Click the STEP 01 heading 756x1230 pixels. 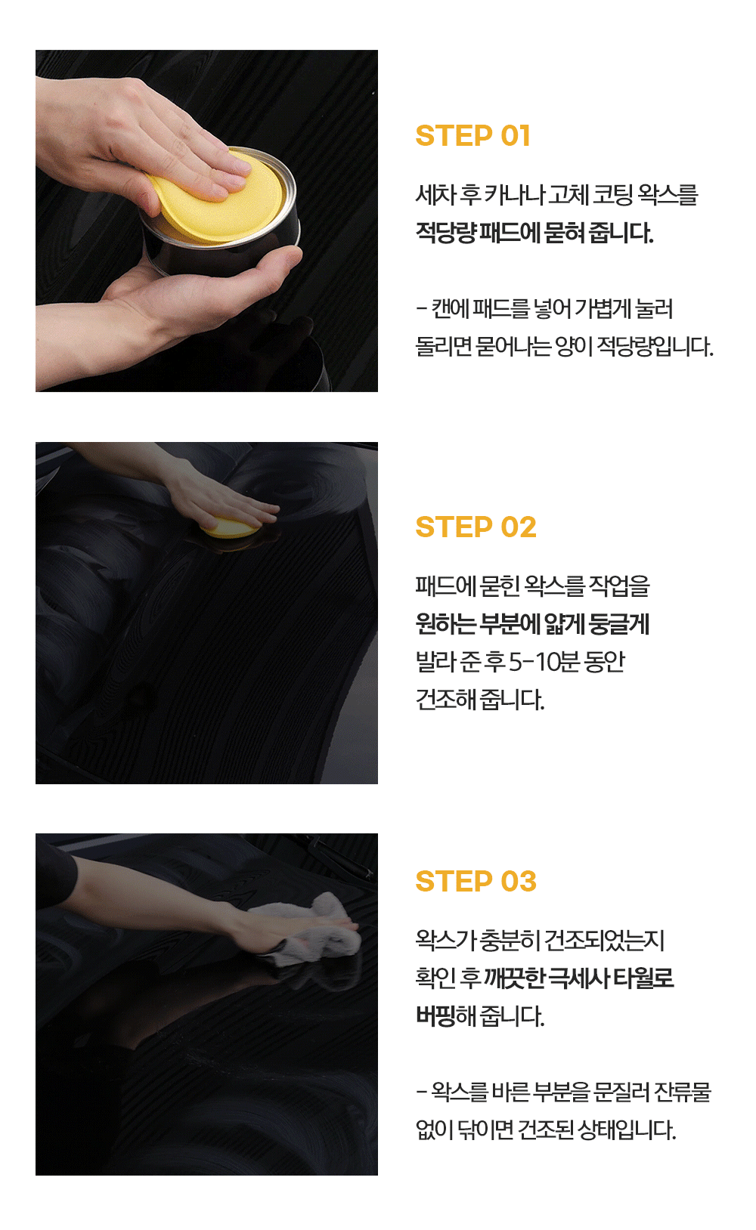click(x=472, y=136)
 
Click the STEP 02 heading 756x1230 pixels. click(x=476, y=527)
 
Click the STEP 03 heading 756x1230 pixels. click(x=476, y=881)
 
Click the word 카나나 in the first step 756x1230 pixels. click(x=514, y=195)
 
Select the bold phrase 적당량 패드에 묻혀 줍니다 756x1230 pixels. click(x=534, y=233)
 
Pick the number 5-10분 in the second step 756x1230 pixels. click(x=544, y=662)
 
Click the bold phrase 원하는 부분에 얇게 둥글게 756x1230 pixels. click(x=532, y=624)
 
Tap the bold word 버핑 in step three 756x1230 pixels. click(x=435, y=1016)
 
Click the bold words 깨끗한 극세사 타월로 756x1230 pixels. click(x=578, y=978)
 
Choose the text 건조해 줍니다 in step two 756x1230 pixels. click(x=479, y=700)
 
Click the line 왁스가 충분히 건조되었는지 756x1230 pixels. click(x=540, y=940)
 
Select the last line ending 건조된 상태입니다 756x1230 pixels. click(x=546, y=1130)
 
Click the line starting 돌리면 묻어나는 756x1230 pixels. click(x=564, y=347)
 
